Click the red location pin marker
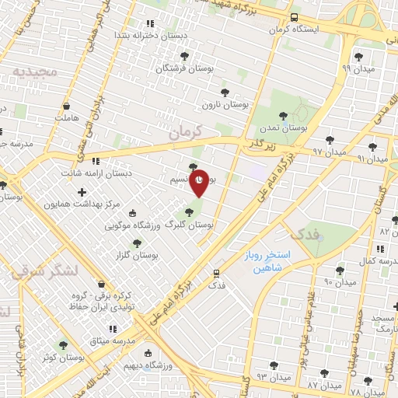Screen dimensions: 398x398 click(x=200, y=182)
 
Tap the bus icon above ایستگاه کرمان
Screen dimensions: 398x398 click(x=293, y=17)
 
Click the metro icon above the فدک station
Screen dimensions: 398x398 click(x=216, y=273)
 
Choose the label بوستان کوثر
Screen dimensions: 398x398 click(x=64, y=358)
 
